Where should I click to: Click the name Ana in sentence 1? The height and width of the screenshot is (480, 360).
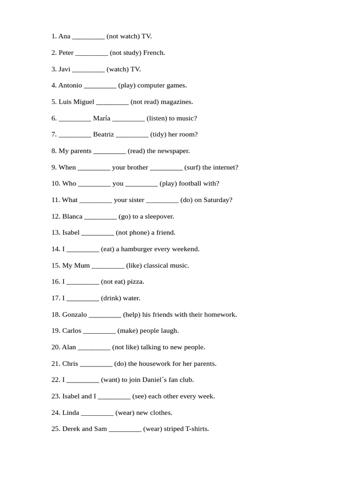coord(64,36)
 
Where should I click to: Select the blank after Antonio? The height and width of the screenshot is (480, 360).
coord(100,86)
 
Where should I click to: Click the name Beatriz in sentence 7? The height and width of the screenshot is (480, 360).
coord(103,135)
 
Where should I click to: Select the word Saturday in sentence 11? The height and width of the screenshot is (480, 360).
coord(217,200)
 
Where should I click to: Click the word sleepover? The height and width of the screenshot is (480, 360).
coord(159,216)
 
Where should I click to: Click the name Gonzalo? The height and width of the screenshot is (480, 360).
coord(75,315)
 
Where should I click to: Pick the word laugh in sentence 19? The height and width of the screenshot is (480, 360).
coord(169,331)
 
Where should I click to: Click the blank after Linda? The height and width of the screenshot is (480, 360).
coord(97,413)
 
